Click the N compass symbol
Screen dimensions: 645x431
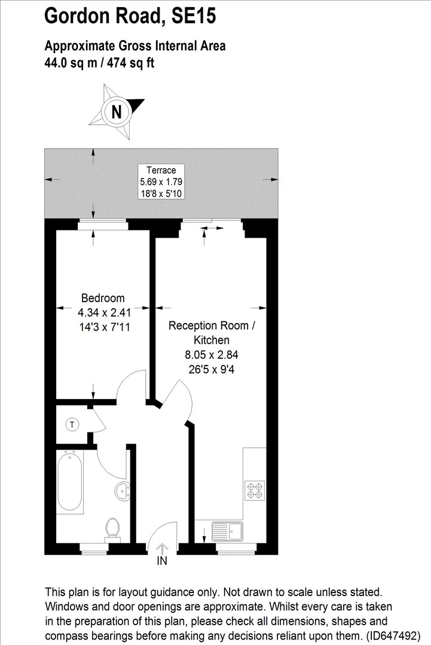[x=117, y=111]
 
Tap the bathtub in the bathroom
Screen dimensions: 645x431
[x=70, y=481]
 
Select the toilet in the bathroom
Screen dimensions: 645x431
[x=112, y=529]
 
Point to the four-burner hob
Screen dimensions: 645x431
[x=254, y=490]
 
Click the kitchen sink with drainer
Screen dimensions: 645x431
[x=227, y=531]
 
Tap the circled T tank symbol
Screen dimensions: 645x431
[x=72, y=425]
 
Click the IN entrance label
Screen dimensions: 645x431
[x=162, y=561]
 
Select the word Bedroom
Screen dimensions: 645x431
[x=103, y=298]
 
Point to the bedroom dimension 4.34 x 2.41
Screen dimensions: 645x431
[x=104, y=311]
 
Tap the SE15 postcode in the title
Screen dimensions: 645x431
[x=193, y=17]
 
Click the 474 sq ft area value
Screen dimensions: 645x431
[x=130, y=62]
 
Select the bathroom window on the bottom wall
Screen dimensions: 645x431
[x=94, y=545]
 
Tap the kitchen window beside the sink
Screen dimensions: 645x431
[x=236, y=545]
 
